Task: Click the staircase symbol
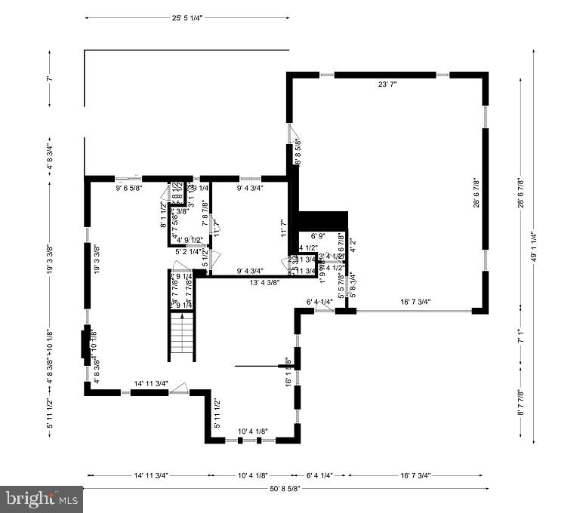pos(181,337)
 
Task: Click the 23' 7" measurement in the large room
pos(387,85)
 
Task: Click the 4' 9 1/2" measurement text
pos(187,240)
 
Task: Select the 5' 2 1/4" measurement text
pos(188,251)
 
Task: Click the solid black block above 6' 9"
pos(322,220)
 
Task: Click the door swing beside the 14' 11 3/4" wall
pos(179,389)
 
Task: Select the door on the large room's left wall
pos(291,134)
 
